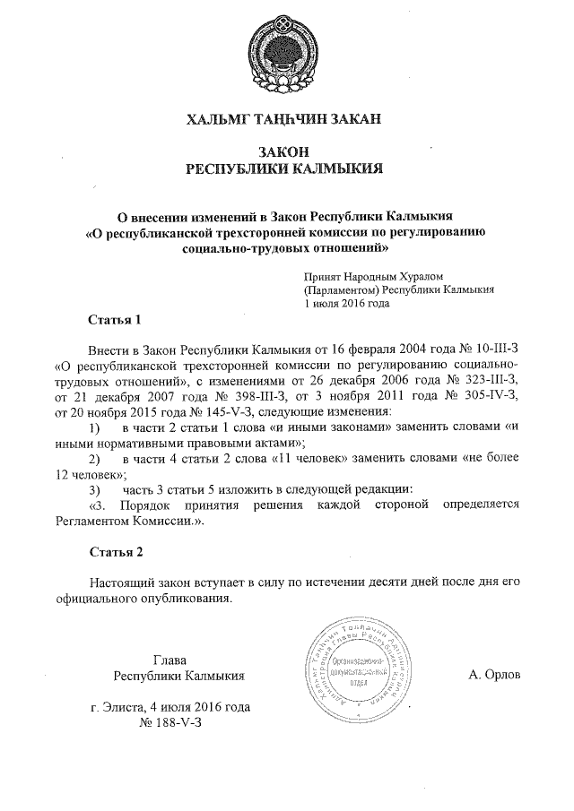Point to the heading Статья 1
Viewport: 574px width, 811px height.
[115, 318]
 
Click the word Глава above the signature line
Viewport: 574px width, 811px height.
[170, 659]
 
